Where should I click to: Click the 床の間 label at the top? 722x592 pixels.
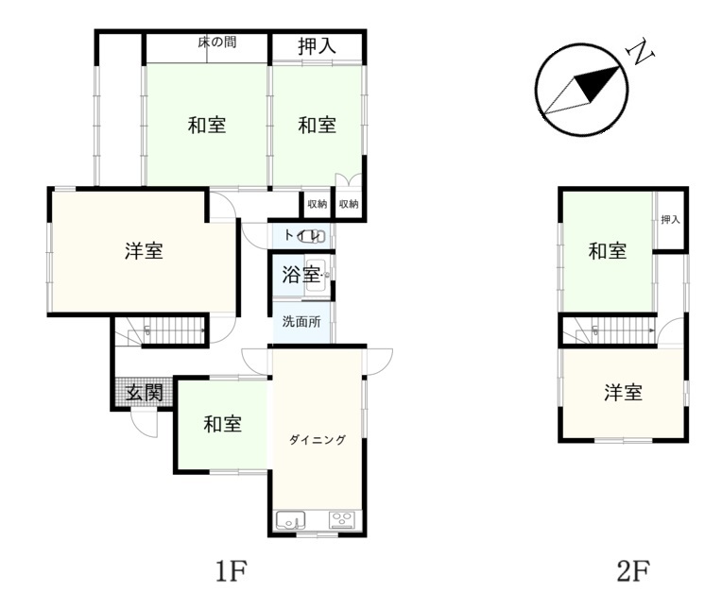tap(217, 42)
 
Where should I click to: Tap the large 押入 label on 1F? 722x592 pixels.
tap(317, 46)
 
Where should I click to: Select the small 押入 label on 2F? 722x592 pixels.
tap(670, 220)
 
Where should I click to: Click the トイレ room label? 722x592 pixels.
tap(302, 236)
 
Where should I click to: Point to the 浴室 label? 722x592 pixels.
tap(301, 276)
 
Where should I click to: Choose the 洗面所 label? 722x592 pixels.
tap(301, 322)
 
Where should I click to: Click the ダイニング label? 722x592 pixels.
tap(318, 440)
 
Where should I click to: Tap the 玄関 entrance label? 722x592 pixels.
tap(145, 394)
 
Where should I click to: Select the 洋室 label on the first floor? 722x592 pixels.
tap(145, 251)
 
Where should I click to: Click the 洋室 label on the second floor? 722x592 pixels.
tap(623, 393)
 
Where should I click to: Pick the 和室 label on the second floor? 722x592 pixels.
tap(608, 251)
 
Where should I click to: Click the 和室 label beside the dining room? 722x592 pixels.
tap(222, 424)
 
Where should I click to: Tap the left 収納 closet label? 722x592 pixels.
tap(317, 204)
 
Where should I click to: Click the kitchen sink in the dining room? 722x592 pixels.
tap(290, 520)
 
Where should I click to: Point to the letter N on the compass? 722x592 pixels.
tap(641, 53)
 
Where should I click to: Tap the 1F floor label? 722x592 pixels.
tap(232, 570)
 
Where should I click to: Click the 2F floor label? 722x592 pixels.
tap(633, 570)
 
